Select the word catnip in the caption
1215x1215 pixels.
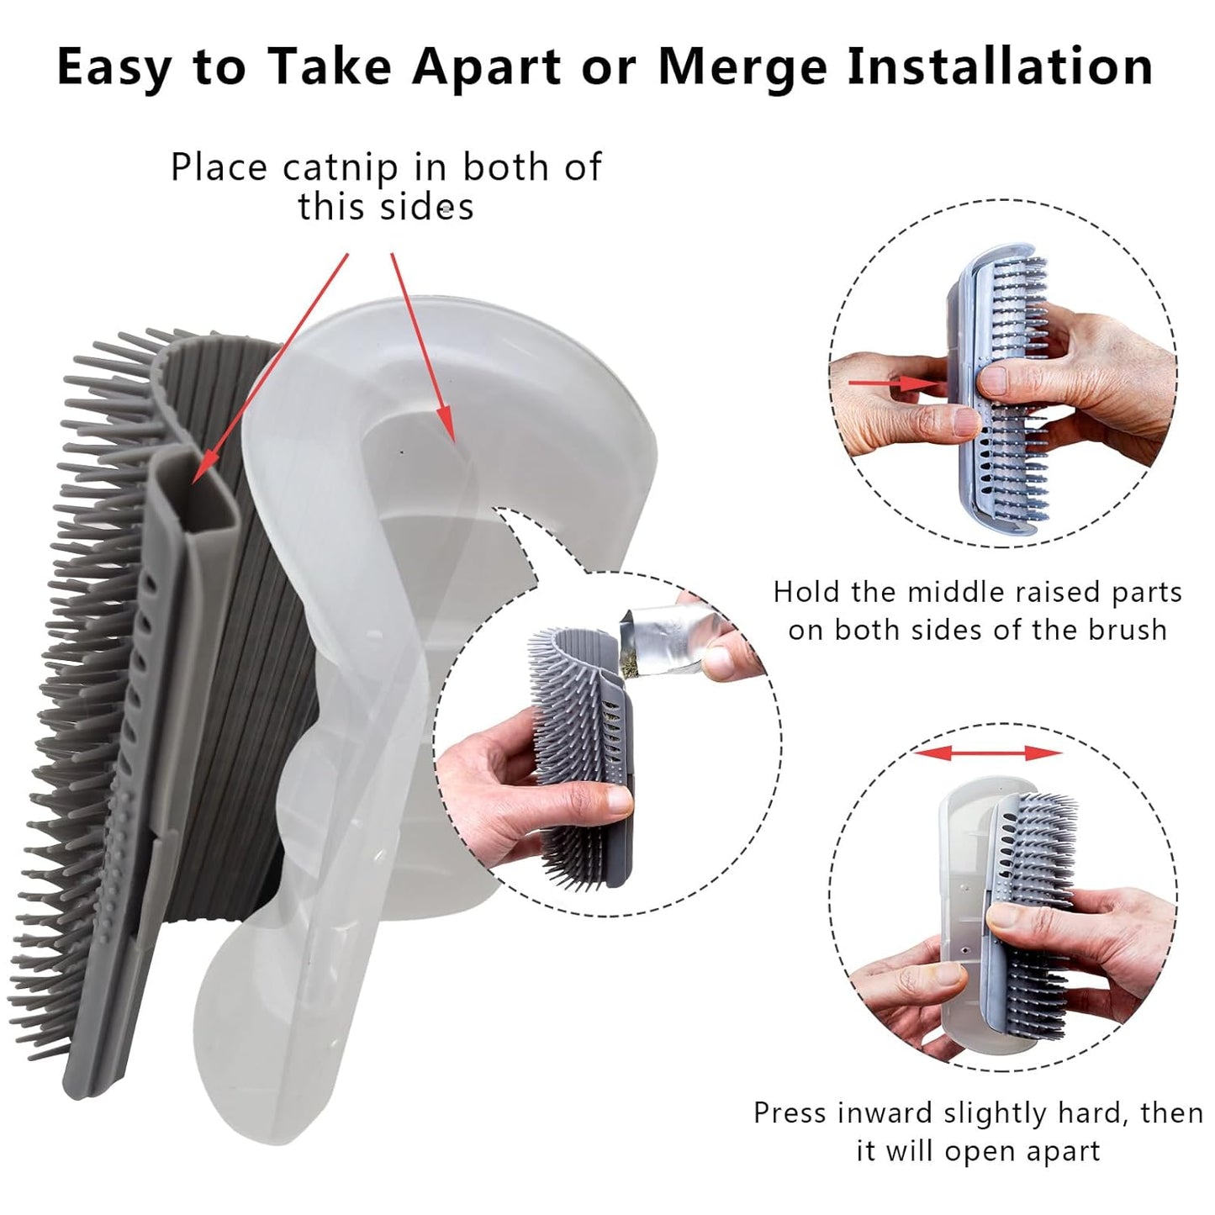[341, 167]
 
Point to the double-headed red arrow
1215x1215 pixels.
[988, 753]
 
